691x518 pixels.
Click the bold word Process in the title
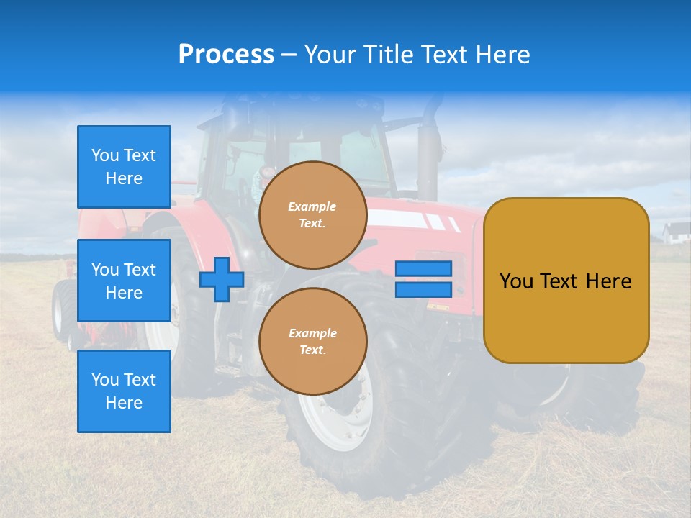[226, 55]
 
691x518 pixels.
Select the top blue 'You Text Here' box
[124, 167]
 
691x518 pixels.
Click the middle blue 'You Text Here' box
[124, 281]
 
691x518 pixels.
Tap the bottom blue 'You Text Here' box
[124, 391]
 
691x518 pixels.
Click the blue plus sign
[222, 279]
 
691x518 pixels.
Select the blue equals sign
[423, 279]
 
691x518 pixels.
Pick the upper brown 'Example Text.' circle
[313, 215]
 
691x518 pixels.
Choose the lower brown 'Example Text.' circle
[313, 342]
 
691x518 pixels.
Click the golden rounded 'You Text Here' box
[566, 281]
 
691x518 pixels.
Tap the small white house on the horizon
[677, 232]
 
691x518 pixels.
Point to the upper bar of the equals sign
[423, 269]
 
